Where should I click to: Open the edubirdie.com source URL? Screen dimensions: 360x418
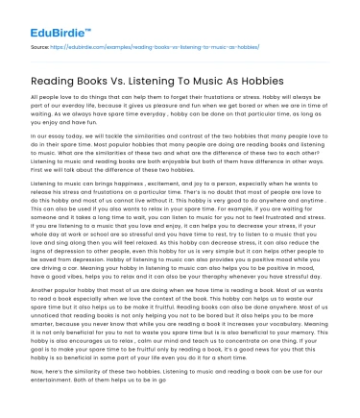click(149, 44)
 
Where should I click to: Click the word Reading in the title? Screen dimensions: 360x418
click(60, 82)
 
